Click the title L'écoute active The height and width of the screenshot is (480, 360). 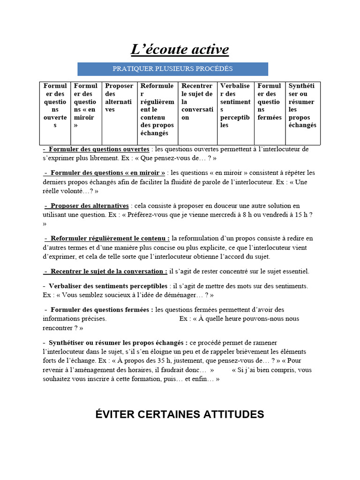click(180, 49)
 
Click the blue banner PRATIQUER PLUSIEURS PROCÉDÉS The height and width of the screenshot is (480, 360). click(172, 69)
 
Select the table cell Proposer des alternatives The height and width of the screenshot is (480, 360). click(119, 97)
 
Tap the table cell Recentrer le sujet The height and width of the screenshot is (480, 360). click(197, 101)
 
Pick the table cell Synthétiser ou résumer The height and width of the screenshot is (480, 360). click(302, 105)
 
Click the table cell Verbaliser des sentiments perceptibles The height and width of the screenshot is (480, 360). click(235, 105)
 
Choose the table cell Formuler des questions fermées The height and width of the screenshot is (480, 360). click(270, 101)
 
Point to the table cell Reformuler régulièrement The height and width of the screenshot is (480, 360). click(157, 109)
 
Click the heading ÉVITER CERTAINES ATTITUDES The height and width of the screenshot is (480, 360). click(180, 414)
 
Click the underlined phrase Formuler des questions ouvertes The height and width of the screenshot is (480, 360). click(99, 150)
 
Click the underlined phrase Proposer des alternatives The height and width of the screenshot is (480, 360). click(90, 206)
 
